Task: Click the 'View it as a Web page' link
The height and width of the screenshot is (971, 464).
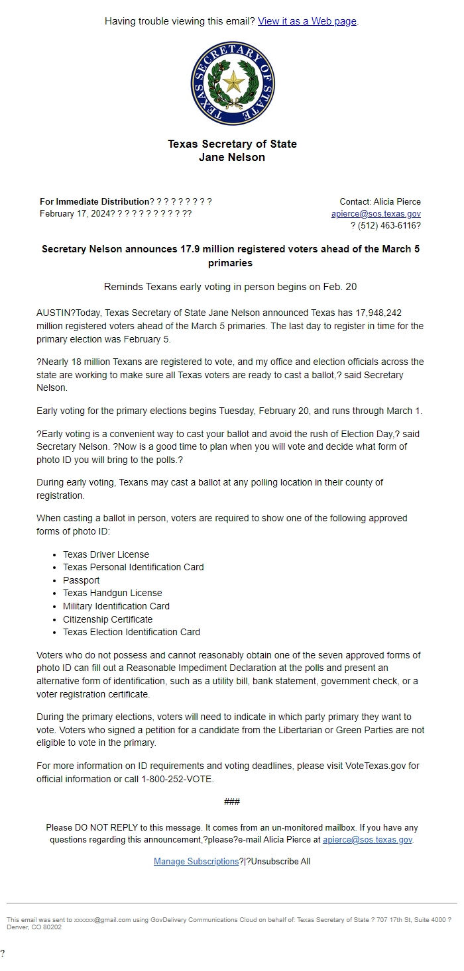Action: click(307, 21)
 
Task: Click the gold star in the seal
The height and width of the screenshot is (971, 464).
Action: click(233, 83)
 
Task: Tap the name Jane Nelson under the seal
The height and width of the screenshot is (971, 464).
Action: click(232, 158)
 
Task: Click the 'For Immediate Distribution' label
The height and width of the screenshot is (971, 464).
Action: click(94, 201)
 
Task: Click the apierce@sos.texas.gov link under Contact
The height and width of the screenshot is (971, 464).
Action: click(376, 213)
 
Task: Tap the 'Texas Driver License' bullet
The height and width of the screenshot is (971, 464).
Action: click(106, 554)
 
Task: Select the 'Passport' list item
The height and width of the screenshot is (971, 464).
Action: click(82, 580)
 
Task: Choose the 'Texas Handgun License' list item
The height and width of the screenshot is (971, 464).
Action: click(112, 593)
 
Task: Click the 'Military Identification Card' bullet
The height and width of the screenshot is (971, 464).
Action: click(116, 606)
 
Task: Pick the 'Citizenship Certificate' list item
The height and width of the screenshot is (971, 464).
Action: click(107, 619)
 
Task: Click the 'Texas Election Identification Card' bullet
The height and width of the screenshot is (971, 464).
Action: click(131, 632)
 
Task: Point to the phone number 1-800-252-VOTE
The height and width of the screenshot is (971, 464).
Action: click(177, 779)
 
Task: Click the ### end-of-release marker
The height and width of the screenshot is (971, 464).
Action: click(232, 801)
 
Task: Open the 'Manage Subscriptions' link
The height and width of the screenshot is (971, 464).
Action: click(196, 861)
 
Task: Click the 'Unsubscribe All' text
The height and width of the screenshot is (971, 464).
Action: click(280, 861)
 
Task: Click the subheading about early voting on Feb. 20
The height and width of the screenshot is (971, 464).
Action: click(231, 287)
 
